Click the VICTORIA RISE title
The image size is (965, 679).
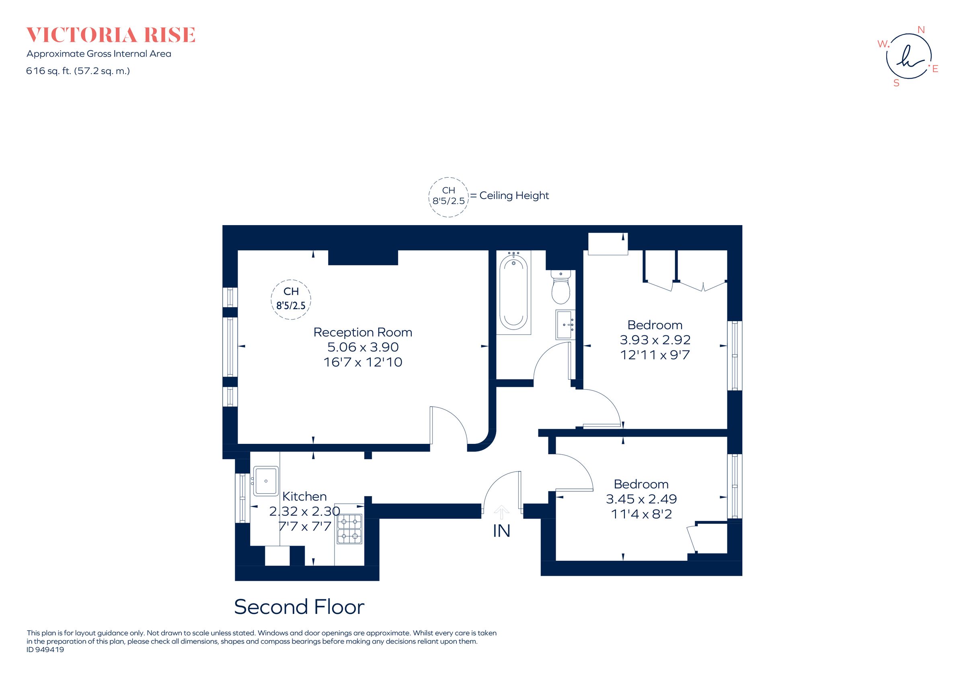click(111, 35)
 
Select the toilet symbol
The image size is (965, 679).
click(560, 288)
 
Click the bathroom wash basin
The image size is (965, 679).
click(565, 324)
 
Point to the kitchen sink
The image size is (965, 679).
click(266, 481)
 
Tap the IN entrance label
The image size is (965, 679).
click(501, 531)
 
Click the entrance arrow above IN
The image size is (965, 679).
click(501, 512)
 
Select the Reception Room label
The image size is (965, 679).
click(363, 332)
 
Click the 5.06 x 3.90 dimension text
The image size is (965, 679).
click(363, 347)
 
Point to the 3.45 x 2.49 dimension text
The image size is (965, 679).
click(641, 499)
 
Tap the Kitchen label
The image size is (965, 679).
click(304, 496)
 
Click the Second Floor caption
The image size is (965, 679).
click(299, 607)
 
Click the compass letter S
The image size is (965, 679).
click(897, 83)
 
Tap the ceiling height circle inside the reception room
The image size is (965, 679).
click(291, 299)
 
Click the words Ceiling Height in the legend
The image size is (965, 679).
click(514, 195)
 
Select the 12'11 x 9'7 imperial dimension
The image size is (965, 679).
click(655, 355)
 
